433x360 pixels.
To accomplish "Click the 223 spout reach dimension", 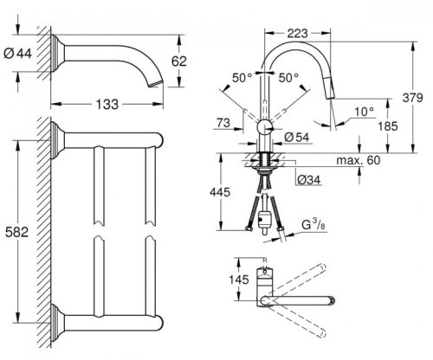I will [298, 35].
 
